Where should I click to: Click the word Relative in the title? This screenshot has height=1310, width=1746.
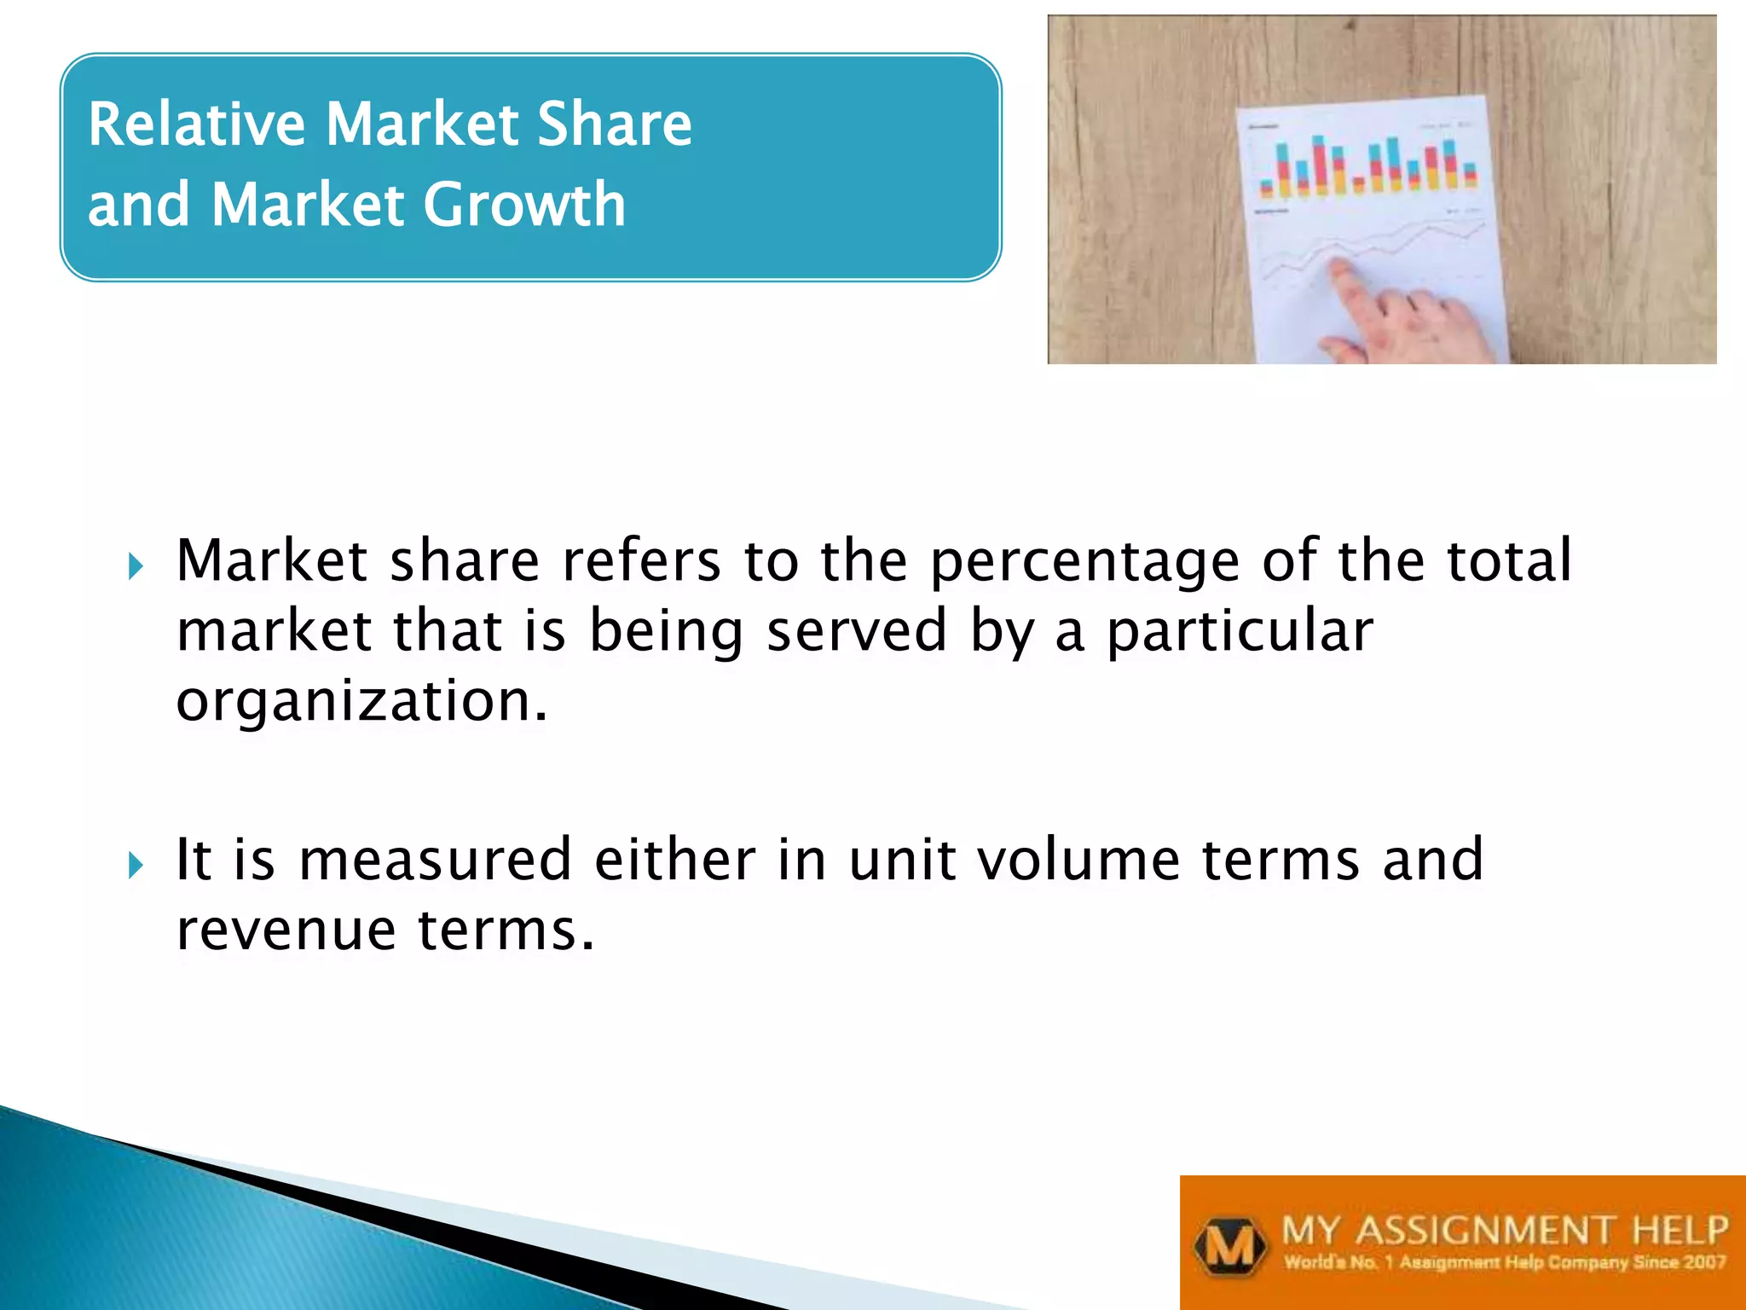pos(197,125)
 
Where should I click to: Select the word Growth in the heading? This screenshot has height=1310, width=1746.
pos(524,206)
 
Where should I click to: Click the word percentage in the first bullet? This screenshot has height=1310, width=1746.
pos(1084,563)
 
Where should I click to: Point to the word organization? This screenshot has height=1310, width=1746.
pos(361,701)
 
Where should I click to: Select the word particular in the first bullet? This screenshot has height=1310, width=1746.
pos(1240,632)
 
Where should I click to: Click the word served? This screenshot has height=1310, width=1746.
pos(857,632)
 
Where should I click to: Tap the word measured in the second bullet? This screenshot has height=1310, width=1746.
pos(435,860)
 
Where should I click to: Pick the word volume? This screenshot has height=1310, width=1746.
pos(1078,860)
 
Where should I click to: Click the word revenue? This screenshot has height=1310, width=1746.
pos(286,930)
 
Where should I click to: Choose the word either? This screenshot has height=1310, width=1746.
pos(674,860)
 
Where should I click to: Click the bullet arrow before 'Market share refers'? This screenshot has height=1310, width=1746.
pos(136,565)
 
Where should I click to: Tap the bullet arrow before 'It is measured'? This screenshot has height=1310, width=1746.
pos(136,865)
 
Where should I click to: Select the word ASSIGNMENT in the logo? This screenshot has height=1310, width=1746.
pos(1484,1231)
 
